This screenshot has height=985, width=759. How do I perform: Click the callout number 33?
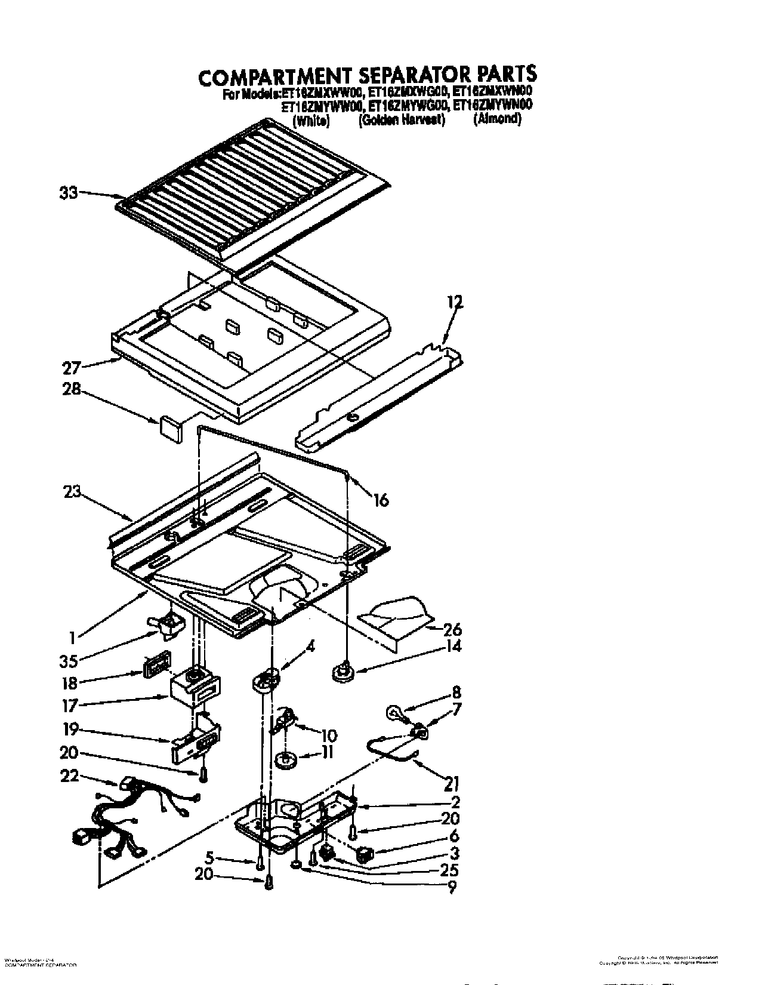point(68,193)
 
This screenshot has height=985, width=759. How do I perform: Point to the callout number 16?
point(380,500)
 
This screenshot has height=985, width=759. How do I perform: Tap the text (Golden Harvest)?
point(402,119)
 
